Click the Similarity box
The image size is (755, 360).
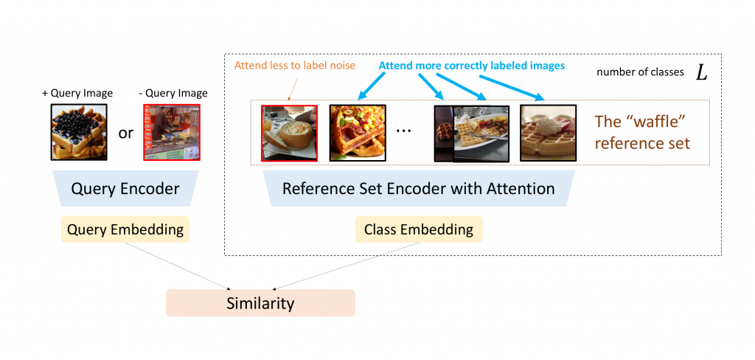(260, 302)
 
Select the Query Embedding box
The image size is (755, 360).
(125, 229)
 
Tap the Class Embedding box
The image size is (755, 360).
(419, 229)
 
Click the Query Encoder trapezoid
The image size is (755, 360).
(125, 189)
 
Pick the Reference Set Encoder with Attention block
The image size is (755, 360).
(418, 189)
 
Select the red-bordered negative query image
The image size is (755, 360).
(171, 132)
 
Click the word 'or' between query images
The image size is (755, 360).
(126, 134)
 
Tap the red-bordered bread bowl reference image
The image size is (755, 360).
(290, 133)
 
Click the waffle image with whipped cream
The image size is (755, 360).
(548, 133)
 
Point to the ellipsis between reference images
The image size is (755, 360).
(403, 130)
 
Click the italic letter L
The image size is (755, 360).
(701, 72)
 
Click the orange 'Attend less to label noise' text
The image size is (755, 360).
(295, 66)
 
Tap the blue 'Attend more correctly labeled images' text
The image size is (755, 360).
(472, 66)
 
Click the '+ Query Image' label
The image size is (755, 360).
(77, 93)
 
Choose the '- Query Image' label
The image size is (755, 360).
(173, 93)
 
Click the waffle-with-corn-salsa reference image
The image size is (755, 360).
(357, 133)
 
